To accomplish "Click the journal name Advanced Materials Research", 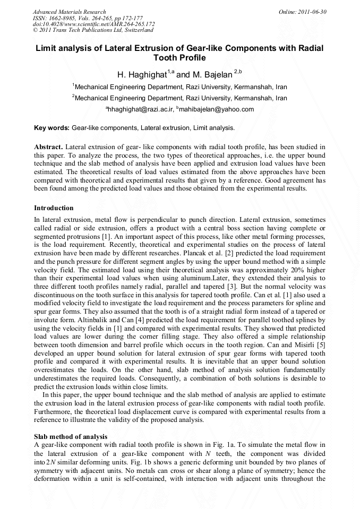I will (x=69, y=12).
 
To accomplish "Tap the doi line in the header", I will (x=93, y=24).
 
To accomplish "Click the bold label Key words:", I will (x=52, y=128).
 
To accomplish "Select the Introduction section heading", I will (x=54, y=208).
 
